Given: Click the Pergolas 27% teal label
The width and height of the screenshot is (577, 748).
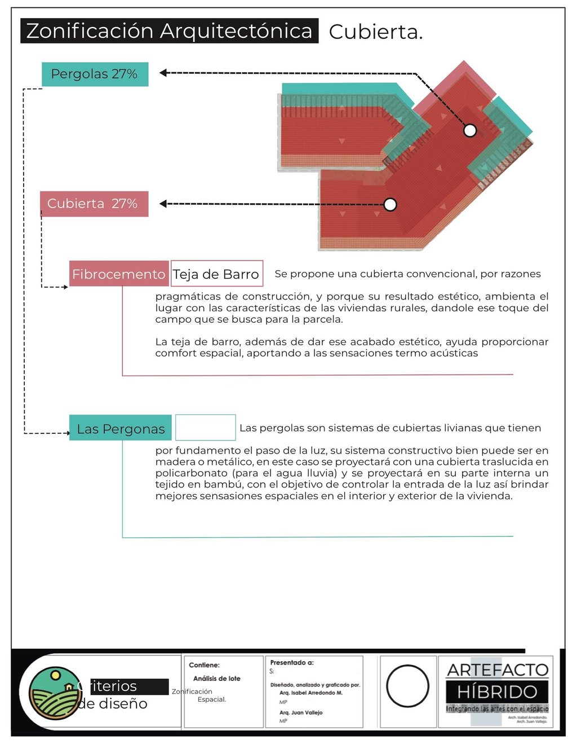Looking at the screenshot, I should pos(95,74).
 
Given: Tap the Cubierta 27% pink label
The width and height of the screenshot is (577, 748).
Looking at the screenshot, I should pos(94,204).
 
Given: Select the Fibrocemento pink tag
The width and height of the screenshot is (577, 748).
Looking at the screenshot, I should pos(118,274).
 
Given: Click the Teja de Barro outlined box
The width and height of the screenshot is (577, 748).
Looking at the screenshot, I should pos(216,274).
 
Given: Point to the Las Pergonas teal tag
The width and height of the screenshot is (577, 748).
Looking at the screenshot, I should pos(121,429).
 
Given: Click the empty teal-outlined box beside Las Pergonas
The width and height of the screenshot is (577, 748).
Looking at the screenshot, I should pos(205,428).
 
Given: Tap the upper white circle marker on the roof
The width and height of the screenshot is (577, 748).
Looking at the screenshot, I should pos(470,130).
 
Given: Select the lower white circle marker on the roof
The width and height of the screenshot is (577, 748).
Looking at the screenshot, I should pos(390,204).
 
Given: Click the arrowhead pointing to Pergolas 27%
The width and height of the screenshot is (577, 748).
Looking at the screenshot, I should pos(163,73).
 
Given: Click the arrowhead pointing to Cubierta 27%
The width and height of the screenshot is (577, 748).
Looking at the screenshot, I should pos(163,204).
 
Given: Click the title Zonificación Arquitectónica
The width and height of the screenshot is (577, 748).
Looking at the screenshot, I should pos(169,31).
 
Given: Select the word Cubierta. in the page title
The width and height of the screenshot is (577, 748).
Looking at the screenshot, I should pos(375,32).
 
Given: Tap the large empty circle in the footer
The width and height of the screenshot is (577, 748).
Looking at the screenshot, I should pos(407,686).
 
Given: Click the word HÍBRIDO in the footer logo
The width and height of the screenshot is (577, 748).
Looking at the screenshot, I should pos(496,692).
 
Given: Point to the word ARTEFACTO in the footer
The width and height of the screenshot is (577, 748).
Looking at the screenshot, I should pos(498,670).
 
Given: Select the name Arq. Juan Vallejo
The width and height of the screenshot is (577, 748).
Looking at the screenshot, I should pos(301,712).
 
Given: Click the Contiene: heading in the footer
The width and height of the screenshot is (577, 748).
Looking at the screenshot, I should pos(204,665).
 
